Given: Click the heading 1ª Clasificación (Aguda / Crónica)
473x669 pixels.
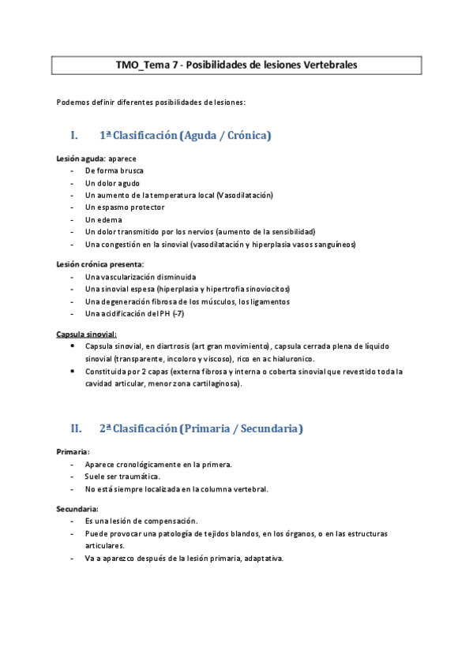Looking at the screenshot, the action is click(185, 136).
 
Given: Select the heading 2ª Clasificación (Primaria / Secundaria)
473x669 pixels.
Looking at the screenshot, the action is click(201, 428).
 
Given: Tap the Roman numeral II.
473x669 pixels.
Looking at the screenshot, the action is click(77, 428).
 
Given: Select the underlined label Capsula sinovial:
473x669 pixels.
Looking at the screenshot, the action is click(87, 334).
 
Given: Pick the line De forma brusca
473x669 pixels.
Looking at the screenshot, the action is click(114, 170).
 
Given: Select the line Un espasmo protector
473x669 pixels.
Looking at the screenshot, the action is click(125, 207).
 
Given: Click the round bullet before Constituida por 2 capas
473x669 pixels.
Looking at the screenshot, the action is click(73, 371).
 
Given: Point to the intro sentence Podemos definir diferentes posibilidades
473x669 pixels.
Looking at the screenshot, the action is click(151, 102).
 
